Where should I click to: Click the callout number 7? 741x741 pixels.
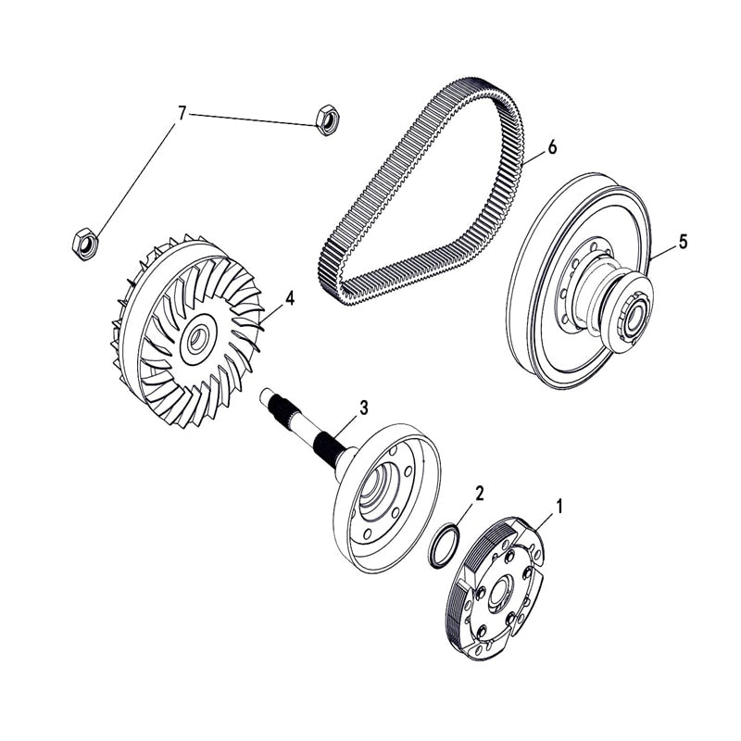(182, 113)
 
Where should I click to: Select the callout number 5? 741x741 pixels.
(683, 242)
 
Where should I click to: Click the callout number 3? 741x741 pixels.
(363, 407)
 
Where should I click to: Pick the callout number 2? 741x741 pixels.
(479, 492)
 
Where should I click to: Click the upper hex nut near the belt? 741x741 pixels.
(325, 119)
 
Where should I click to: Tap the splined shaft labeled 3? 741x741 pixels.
(306, 431)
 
